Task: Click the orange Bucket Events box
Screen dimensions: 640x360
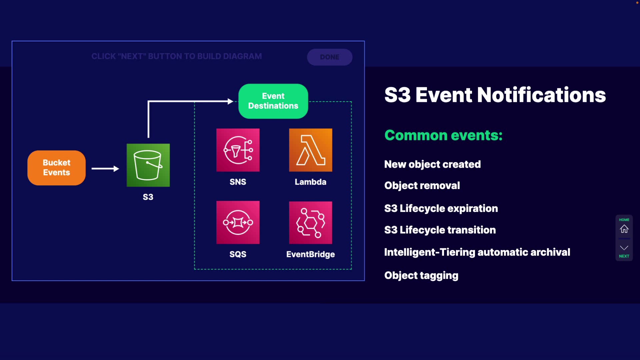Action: (56, 168)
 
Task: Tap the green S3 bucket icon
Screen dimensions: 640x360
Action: (148, 165)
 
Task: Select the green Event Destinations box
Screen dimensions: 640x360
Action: (273, 101)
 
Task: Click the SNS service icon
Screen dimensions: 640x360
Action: (238, 150)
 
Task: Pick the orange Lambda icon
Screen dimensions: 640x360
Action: (310, 150)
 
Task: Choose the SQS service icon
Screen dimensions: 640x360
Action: (238, 222)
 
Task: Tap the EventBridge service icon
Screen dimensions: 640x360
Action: (310, 222)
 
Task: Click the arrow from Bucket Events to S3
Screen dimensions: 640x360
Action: (105, 169)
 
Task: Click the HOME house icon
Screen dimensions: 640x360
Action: (624, 229)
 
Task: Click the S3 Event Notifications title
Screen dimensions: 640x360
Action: (495, 95)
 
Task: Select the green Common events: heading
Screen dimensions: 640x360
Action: (443, 135)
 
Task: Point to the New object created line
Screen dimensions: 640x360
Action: (432, 164)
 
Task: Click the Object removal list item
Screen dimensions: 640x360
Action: (422, 185)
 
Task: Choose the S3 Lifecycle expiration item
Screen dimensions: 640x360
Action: (441, 209)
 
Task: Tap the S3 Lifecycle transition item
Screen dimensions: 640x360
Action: (440, 230)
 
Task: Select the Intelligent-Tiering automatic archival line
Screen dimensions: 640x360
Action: (477, 252)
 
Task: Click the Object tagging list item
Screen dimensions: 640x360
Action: (421, 276)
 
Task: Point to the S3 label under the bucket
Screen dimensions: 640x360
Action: (148, 197)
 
